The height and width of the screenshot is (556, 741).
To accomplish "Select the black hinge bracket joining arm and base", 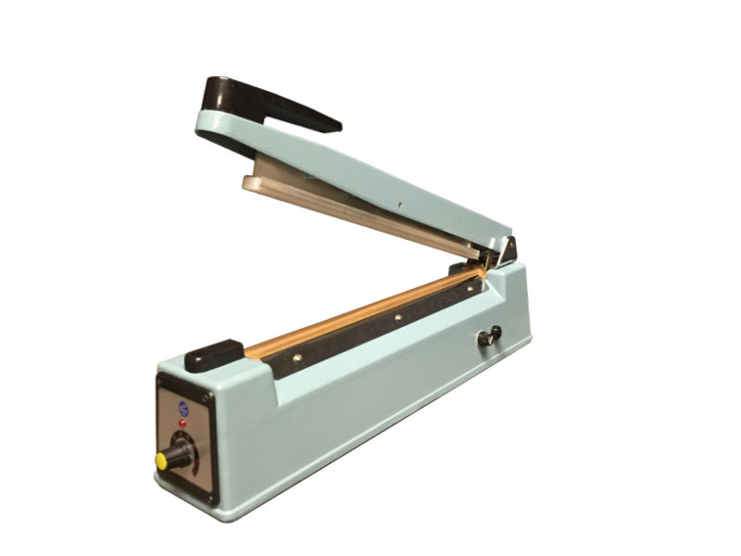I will tap(507, 250).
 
